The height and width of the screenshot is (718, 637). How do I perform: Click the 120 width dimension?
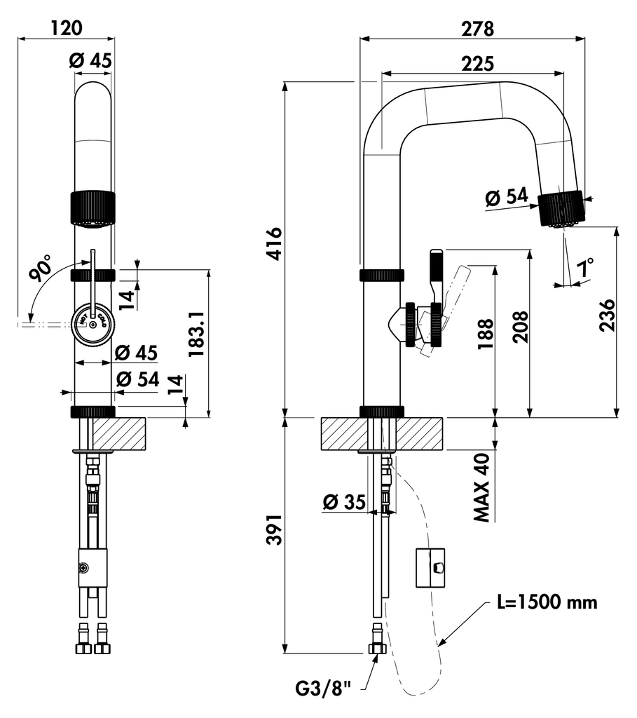click(x=66, y=27)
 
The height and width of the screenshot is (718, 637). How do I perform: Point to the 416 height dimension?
click(x=274, y=244)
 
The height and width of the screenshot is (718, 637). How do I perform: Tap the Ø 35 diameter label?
click(x=345, y=502)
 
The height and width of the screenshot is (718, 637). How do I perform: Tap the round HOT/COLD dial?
click(x=93, y=323)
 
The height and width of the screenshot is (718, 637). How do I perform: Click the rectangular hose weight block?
click(x=431, y=567)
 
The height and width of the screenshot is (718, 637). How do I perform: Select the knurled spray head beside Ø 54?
click(x=561, y=208)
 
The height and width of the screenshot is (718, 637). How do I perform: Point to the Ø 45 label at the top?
click(x=90, y=61)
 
